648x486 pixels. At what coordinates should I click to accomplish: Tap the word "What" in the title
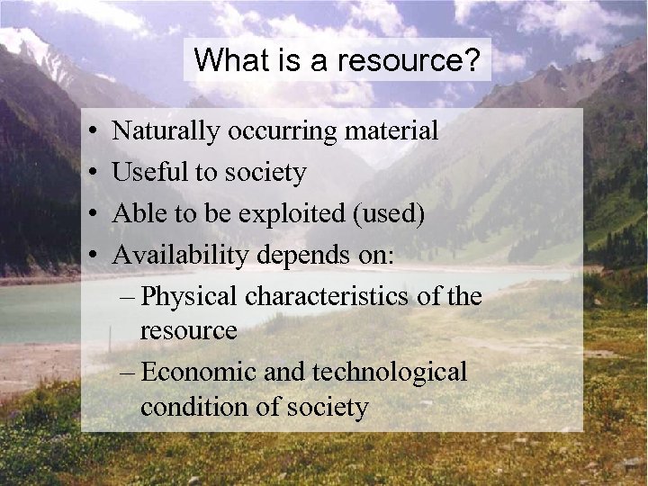tap(222, 61)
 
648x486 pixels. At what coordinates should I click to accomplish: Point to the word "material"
tap(390, 131)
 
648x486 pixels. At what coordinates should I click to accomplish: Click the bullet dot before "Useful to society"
tap(94, 173)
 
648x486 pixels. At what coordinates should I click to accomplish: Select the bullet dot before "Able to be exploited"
tap(94, 214)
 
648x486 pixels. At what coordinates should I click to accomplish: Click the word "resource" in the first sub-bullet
tap(188, 331)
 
